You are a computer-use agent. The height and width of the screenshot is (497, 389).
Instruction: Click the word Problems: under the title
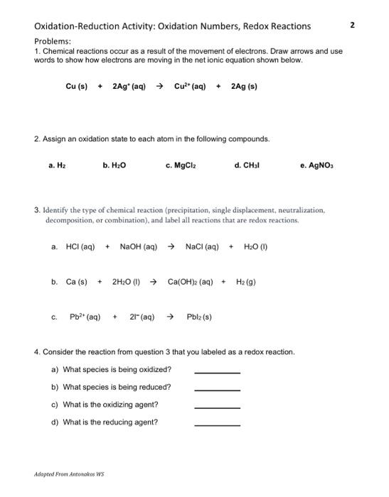(55, 42)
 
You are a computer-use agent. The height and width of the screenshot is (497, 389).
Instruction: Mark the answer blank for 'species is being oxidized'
(217, 371)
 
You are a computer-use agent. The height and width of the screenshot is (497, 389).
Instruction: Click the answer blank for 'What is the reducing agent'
(217, 423)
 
